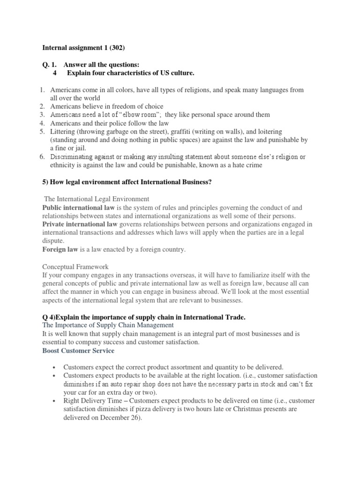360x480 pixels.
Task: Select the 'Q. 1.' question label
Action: click(50, 64)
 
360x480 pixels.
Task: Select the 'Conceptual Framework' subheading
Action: click(75, 266)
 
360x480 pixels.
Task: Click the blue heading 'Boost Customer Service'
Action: click(78, 350)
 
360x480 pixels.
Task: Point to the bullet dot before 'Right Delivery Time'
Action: click(55, 401)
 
